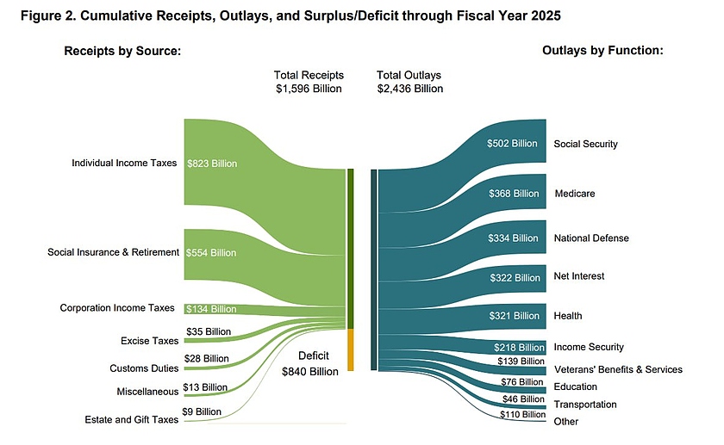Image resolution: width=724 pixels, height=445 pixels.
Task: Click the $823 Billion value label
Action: click(211, 163)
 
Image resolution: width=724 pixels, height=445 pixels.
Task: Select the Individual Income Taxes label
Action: click(124, 163)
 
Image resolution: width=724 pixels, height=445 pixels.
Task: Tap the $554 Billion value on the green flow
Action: click(211, 253)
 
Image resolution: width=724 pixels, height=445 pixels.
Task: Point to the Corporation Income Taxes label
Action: click(117, 307)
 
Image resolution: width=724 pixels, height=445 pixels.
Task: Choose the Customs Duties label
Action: click(144, 368)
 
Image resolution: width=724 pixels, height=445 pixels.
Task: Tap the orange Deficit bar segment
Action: click(351, 349)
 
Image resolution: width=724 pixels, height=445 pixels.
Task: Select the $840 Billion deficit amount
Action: click(310, 372)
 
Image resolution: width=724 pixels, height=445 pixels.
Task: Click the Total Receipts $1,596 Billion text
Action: click(308, 82)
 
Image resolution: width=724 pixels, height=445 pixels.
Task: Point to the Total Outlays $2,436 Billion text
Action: click(409, 82)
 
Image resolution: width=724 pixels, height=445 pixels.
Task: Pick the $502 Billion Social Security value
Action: click(512, 144)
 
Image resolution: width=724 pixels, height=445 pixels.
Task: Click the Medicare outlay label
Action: click(574, 194)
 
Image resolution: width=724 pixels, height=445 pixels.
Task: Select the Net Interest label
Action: click(579, 276)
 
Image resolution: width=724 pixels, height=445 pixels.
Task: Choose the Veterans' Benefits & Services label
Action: click(617, 369)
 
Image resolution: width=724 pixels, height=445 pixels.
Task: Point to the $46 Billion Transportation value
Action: click(522, 400)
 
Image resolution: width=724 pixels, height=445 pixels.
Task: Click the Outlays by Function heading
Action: click(602, 51)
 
